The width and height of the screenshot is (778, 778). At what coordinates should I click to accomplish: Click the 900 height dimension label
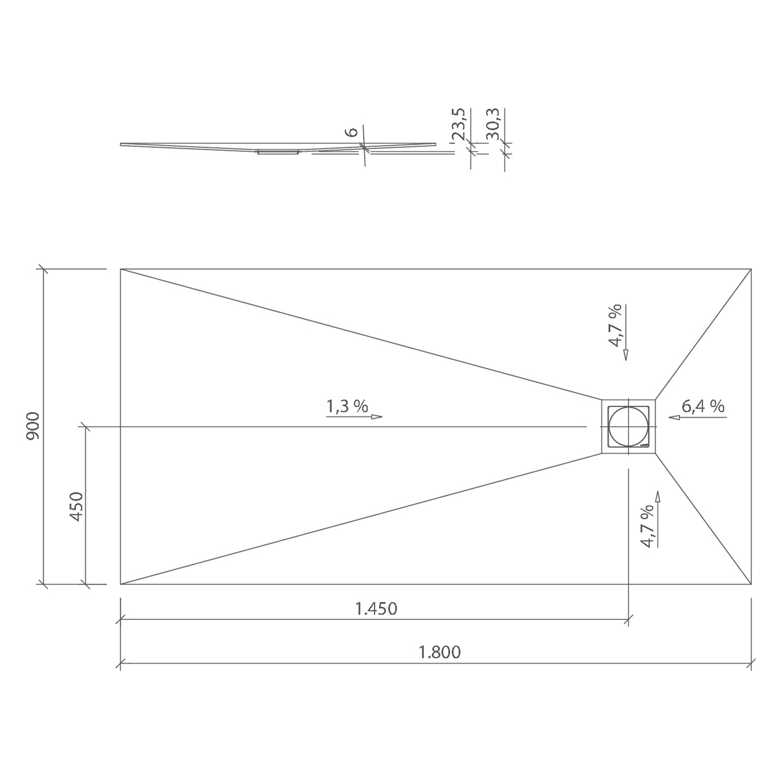tap(33, 426)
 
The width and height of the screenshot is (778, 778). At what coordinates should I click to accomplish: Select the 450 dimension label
tap(77, 507)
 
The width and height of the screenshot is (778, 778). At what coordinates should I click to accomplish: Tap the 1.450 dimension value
tap(376, 609)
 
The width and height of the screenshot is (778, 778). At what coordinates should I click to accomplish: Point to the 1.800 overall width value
tap(439, 652)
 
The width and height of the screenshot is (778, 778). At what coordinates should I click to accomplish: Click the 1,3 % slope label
tap(347, 406)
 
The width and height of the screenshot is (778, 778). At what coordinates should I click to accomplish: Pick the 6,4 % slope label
tap(703, 406)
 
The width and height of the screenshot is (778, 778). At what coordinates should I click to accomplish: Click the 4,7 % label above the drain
tap(615, 326)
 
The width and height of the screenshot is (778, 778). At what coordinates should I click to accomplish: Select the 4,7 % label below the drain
tap(647, 526)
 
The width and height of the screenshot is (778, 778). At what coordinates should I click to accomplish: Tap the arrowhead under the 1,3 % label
tap(377, 416)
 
